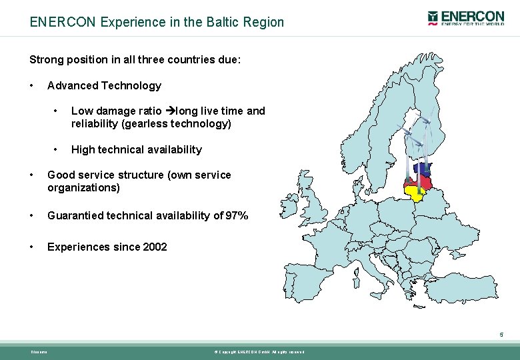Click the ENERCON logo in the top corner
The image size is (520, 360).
[466, 18]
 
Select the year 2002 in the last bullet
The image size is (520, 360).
[155, 247]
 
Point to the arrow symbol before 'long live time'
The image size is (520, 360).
[169, 111]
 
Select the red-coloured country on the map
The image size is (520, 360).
[421, 181]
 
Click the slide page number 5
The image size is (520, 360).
[501, 335]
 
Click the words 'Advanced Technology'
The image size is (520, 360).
[104, 85]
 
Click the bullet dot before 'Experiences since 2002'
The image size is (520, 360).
[32, 247]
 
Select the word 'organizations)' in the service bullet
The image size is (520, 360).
[83, 187]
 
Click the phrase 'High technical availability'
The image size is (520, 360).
[136, 149]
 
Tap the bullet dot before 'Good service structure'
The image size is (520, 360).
[32, 175]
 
